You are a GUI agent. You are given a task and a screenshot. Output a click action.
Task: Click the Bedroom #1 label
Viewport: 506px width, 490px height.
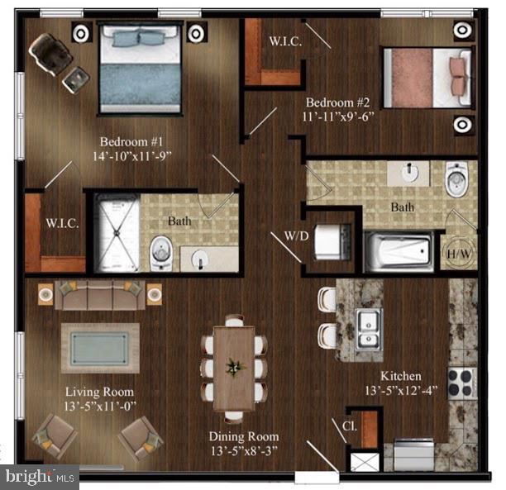(x=131, y=141)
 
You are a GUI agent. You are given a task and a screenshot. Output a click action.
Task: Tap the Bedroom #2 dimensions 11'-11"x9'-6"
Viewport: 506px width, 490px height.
(x=338, y=117)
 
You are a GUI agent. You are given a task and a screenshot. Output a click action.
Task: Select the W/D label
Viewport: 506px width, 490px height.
(x=297, y=236)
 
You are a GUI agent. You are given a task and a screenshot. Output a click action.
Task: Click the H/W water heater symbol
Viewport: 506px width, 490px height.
(x=459, y=254)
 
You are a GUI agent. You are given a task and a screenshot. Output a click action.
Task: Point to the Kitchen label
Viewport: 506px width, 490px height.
(x=401, y=376)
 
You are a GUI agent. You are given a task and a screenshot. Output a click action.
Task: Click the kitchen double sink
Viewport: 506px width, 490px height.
(x=369, y=330)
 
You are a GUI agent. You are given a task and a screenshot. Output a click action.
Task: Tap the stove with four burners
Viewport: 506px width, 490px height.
(x=462, y=383)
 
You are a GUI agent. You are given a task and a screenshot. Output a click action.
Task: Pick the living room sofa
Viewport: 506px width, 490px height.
(x=100, y=295)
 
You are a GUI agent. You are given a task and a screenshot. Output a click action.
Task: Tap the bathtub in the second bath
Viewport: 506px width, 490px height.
(x=399, y=251)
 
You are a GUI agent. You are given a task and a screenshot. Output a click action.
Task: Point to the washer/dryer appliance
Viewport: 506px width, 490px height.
(x=332, y=241)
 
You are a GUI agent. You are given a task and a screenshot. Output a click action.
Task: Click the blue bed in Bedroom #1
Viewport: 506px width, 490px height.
(x=140, y=68)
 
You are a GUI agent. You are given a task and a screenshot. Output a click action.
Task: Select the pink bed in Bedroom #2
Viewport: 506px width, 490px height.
(x=428, y=78)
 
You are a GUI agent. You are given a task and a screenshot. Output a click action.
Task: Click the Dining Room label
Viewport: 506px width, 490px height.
(x=244, y=436)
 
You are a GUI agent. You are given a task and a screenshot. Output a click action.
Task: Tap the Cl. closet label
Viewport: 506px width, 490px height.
(x=350, y=426)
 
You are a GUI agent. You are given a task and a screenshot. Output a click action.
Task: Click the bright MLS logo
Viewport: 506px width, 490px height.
(x=40, y=477)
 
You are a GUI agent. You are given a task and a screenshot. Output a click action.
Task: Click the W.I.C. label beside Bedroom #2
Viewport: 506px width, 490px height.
(x=285, y=41)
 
